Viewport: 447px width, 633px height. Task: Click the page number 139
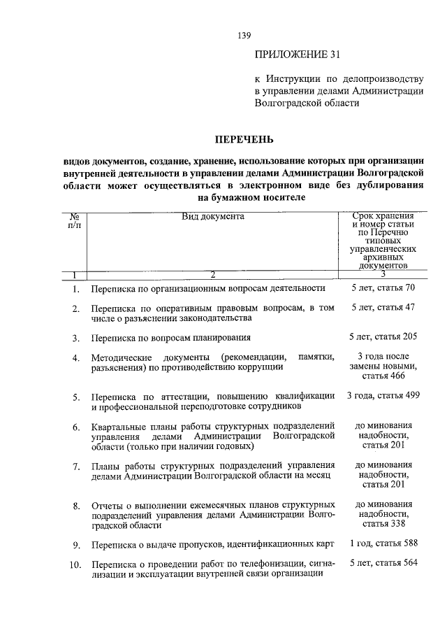point(243,35)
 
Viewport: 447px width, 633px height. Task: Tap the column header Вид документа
point(213,217)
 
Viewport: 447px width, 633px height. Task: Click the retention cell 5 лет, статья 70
point(384,287)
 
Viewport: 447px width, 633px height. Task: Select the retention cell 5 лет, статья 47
point(384,306)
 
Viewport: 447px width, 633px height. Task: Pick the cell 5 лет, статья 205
point(384,336)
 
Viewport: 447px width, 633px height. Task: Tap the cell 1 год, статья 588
point(383,542)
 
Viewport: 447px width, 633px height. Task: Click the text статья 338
point(383,523)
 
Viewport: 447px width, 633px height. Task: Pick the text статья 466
point(383,376)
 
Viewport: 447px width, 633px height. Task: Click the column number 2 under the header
point(213,274)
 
